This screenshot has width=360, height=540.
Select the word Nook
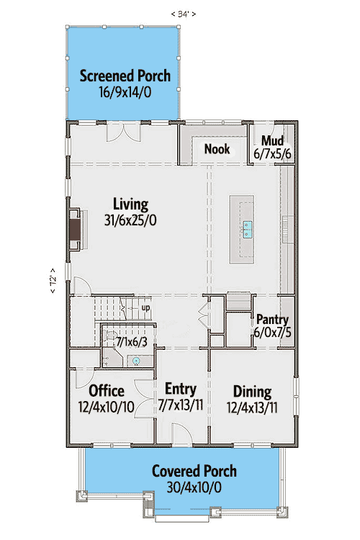click(217, 149)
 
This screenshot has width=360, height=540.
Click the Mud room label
click(272, 140)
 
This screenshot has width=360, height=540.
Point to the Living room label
click(130, 204)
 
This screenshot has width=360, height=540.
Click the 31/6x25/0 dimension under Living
click(130, 220)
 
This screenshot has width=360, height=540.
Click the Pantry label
click(272, 320)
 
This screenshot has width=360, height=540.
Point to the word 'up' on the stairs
click(145, 307)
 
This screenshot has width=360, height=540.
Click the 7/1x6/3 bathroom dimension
click(132, 341)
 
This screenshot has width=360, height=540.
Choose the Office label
click(107, 391)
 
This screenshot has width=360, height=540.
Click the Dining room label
click(252, 392)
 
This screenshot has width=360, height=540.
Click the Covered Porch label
click(194, 472)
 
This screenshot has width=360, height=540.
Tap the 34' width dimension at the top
click(183, 13)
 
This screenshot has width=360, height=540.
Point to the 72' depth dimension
click(52, 279)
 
